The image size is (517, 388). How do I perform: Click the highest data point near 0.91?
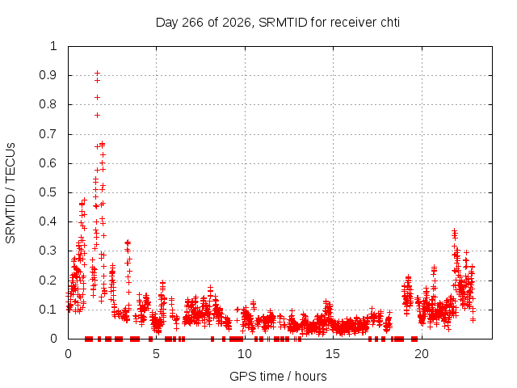(x=97, y=73)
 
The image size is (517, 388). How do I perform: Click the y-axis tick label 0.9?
(x=48, y=75)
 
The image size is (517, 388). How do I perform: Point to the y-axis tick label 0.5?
(x=48, y=192)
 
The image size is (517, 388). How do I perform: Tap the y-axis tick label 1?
(x=53, y=46)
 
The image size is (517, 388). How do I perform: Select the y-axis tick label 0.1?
(x=48, y=310)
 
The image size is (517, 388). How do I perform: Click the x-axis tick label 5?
(x=156, y=354)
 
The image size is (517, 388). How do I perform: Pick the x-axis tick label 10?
(x=244, y=354)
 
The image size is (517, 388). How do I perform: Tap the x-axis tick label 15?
(x=333, y=354)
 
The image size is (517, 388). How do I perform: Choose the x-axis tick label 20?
(x=422, y=354)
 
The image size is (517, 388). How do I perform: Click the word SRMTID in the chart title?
(x=283, y=23)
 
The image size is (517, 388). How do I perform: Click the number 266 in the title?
(x=193, y=23)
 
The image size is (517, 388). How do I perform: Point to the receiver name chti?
(x=390, y=23)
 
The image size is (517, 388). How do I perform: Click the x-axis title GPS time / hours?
(x=278, y=376)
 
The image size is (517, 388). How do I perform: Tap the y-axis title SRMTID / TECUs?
(x=11, y=193)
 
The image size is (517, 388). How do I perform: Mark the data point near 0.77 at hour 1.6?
(x=97, y=115)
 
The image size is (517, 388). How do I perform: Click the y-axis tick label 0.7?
(x=48, y=134)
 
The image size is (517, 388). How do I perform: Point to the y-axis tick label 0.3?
(x=48, y=251)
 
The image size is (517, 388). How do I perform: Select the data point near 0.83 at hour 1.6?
(x=97, y=97)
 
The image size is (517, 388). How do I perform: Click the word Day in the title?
(x=167, y=23)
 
